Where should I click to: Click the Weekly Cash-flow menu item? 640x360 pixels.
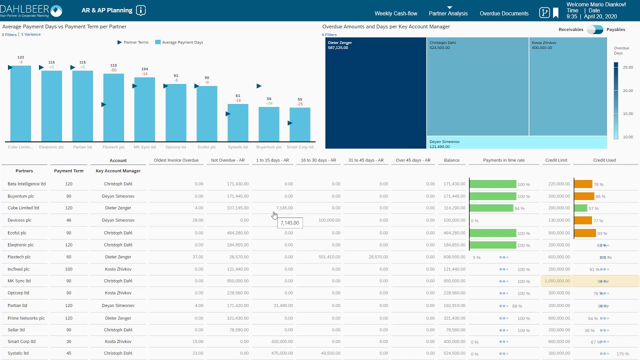395,13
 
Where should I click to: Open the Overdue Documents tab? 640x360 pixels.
503,13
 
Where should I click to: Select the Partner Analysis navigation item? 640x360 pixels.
448,13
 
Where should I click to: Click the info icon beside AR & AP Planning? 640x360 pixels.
141,10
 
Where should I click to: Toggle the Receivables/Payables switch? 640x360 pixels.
594,29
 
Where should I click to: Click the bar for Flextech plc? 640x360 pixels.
113,107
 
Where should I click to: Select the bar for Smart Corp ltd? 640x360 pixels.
299,124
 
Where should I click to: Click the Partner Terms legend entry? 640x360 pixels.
133,42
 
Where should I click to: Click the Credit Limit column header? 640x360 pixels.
556,160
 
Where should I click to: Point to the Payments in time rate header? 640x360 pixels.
503,160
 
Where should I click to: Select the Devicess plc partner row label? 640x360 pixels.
19,220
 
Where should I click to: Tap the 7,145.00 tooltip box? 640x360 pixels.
289,223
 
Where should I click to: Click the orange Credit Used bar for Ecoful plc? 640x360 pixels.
584,233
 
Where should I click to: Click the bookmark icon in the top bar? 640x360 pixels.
555,13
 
